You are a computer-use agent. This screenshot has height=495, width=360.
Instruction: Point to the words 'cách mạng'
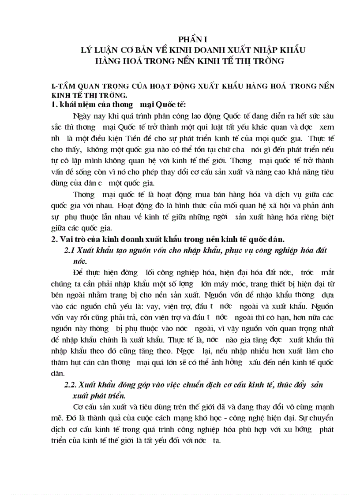click(179, 417)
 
